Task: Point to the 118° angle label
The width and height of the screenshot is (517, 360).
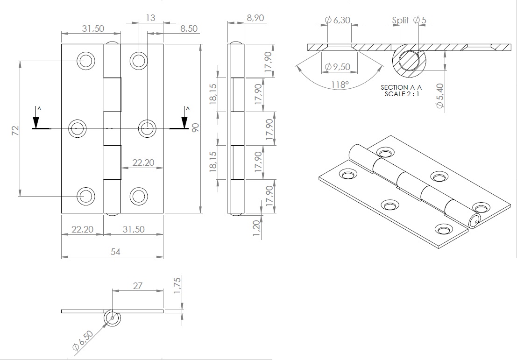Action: click(x=340, y=85)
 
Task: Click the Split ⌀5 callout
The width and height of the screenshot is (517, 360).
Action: click(x=409, y=20)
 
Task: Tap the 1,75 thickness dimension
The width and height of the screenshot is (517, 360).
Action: click(x=177, y=285)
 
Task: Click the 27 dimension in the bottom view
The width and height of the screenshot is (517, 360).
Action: click(x=137, y=286)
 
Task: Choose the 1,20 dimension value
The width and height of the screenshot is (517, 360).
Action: click(x=255, y=229)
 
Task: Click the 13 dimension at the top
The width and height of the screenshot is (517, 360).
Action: click(x=150, y=18)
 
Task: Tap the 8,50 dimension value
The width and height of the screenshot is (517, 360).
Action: click(x=188, y=28)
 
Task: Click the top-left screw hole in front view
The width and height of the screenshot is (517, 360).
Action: click(x=86, y=61)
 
